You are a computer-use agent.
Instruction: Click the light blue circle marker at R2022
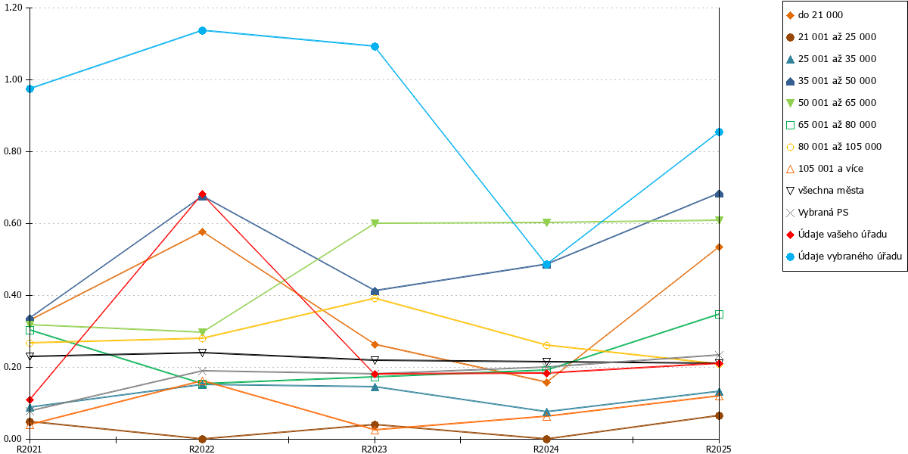tap(202, 30)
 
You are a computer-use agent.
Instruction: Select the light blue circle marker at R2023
tap(375, 47)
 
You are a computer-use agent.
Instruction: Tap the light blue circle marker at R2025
tap(719, 132)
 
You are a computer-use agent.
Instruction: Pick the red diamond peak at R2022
tap(202, 194)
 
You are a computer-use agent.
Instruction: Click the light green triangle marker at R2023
tap(375, 223)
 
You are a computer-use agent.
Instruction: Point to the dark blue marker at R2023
tap(375, 291)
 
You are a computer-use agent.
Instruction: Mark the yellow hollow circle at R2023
tap(375, 299)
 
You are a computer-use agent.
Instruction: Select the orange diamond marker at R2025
tap(719, 247)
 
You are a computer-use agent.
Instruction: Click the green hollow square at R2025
tap(719, 315)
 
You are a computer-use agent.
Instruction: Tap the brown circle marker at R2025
tap(719, 416)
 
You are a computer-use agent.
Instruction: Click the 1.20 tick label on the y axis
tap(13, 8)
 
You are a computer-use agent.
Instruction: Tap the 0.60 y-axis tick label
tap(13, 223)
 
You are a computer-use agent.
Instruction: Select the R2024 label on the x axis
tap(546, 449)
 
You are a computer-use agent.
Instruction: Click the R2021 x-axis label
tap(30, 449)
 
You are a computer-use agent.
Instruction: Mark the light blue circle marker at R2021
tap(30, 89)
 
